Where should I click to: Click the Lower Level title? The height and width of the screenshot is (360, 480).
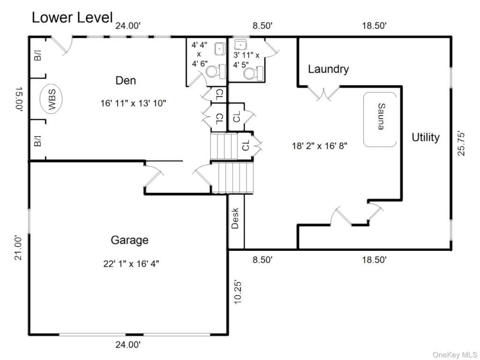(x=72, y=17)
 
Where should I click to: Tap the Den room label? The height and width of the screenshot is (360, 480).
(x=126, y=81)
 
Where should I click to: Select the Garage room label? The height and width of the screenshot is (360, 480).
(x=129, y=240)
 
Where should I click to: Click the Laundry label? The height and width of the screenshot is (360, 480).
(x=328, y=69)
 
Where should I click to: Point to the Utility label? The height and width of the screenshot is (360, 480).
(x=426, y=137)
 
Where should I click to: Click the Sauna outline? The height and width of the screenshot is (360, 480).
(x=364, y=120)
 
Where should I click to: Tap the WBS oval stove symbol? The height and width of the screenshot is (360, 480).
(x=51, y=99)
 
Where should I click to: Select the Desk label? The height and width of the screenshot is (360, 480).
(x=235, y=218)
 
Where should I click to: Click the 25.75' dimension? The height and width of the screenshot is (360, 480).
(x=461, y=143)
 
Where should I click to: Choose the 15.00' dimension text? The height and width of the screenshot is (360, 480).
(x=19, y=99)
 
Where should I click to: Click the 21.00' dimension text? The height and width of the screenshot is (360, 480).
(x=18, y=247)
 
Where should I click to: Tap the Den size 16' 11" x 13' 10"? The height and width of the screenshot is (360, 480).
(x=133, y=103)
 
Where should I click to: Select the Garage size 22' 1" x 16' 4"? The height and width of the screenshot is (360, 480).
(x=131, y=263)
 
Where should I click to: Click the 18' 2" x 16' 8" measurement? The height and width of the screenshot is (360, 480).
(x=320, y=146)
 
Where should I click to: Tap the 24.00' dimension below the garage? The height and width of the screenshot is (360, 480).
(x=128, y=345)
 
